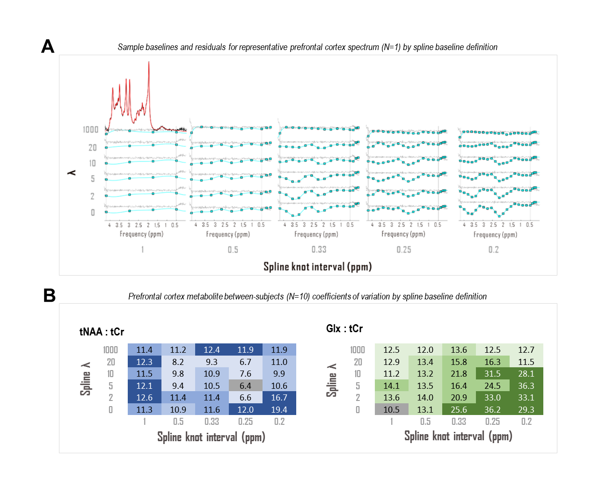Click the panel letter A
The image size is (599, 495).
[48, 46]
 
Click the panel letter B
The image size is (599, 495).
[49, 296]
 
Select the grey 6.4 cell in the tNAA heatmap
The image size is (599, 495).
[245, 386]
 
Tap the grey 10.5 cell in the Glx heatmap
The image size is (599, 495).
[391, 409]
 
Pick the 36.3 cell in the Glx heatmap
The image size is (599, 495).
[526, 386]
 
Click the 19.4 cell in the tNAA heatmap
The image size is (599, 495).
[279, 409]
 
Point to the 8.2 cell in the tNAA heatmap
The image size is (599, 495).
[178, 362]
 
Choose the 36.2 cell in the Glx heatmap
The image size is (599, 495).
[492, 409]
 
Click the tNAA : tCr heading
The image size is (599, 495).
[102, 332]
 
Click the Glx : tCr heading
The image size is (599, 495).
[344, 328]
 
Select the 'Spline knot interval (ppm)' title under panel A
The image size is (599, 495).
[317, 267]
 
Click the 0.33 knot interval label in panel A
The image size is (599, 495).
[319, 249]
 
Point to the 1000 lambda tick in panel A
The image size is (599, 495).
[91, 130]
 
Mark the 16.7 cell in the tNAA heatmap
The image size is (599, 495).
[279, 397]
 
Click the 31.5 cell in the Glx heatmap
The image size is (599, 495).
[492, 373]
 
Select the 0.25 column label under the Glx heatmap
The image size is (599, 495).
[492, 422]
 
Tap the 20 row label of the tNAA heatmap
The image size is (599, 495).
[111, 362]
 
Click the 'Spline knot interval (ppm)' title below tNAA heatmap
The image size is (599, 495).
[211, 437]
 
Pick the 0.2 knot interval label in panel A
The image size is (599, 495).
[493, 249]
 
